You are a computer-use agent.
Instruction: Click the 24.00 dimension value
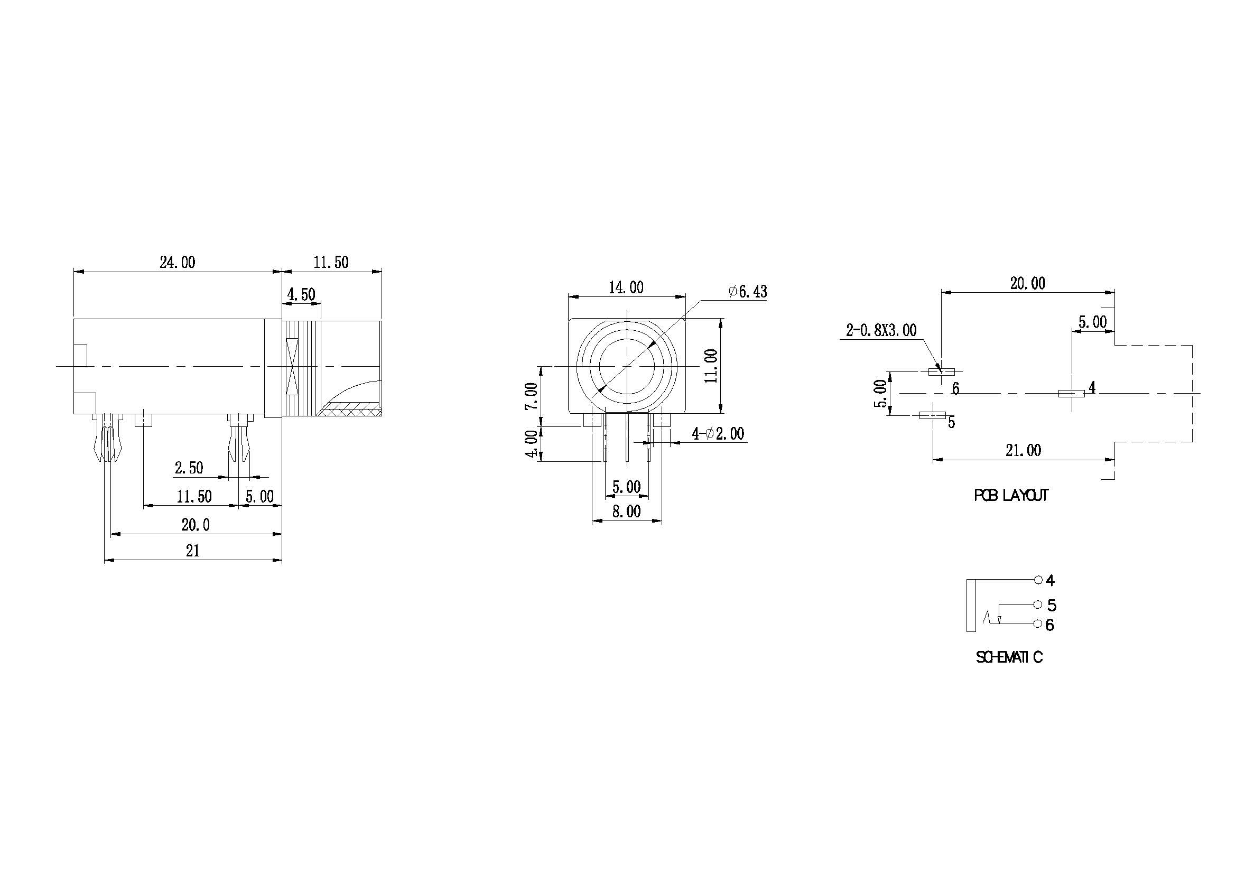[177, 263]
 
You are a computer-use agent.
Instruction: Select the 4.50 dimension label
[301, 295]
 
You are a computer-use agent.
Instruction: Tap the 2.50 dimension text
[189, 468]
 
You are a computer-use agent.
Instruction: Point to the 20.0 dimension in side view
[196, 525]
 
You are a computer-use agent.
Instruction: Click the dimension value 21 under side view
[193, 551]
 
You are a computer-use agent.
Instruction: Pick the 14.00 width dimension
[626, 288]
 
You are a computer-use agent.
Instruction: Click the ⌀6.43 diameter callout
[748, 292]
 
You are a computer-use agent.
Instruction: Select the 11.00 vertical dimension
[711, 366]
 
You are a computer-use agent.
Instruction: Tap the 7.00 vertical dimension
[531, 396]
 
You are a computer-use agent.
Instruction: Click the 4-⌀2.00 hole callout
[718, 434]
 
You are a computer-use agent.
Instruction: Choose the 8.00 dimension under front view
[627, 512]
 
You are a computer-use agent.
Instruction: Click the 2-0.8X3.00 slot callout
[881, 330]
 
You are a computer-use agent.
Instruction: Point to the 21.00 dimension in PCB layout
[1024, 450]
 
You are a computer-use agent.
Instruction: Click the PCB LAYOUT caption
[1011, 496]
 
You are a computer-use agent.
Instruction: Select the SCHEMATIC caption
[1009, 657]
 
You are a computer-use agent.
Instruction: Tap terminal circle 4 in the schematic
[1038, 580]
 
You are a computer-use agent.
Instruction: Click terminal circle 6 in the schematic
[1038, 624]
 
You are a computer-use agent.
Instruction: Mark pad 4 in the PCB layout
[1071, 394]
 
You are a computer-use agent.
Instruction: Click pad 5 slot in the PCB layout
[933, 415]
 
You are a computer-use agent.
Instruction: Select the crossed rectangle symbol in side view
[292, 366]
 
